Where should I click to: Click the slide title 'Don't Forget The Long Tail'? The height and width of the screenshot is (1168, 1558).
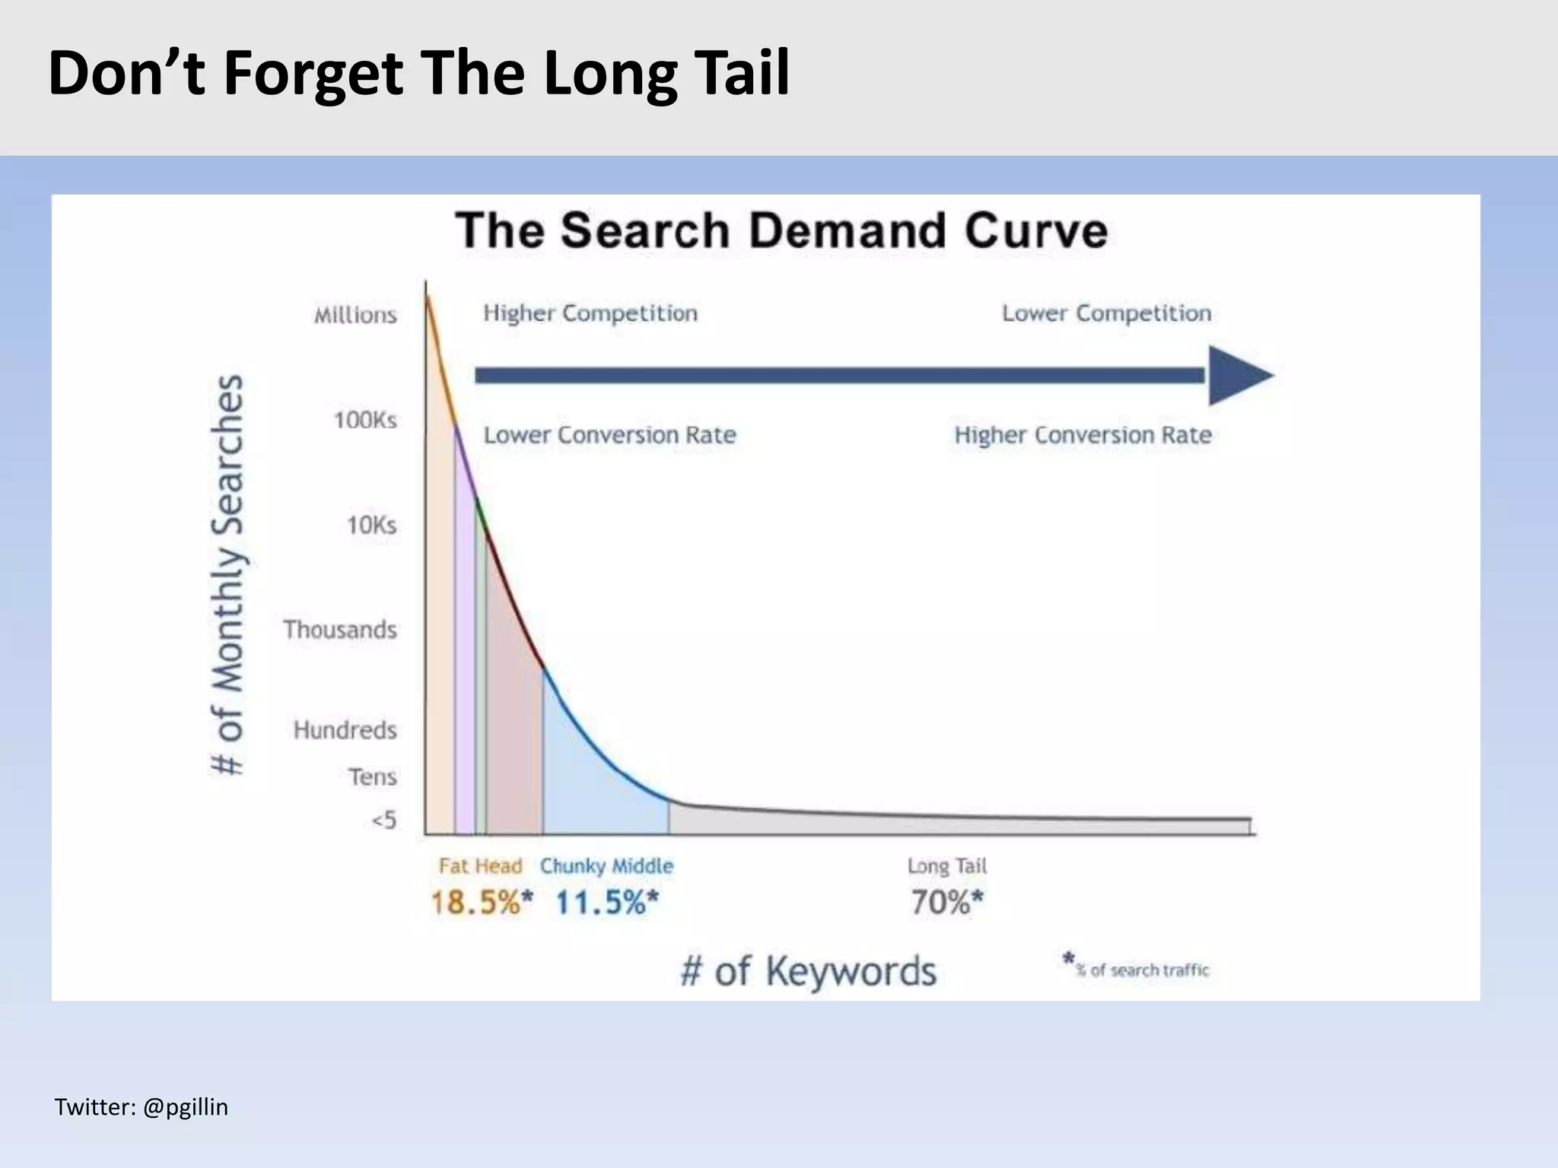click(418, 74)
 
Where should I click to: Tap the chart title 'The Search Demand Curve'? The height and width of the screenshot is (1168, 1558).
click(781, 230)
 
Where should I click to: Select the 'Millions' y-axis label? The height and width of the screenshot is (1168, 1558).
click(355, 315)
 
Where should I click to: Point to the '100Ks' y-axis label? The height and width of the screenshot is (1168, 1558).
click(365, 420)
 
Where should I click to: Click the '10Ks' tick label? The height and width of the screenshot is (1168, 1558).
click(371, 525)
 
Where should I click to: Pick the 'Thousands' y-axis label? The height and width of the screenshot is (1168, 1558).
click(340, 630)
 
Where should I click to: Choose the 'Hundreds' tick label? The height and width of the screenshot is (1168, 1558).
click(345, 730)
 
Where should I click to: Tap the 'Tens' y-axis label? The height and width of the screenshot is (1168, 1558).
click(373, 777)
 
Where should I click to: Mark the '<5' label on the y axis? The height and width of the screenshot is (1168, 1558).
click(384, 820)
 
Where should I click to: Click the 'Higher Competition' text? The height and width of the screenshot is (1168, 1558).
click(590, 313)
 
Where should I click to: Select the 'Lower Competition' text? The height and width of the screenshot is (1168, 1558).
click(1106, 313)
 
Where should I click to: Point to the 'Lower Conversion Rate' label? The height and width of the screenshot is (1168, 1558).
click(610, 435)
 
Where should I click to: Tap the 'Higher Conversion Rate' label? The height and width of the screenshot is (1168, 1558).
click(1083, 435)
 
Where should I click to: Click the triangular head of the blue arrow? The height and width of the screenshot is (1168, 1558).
click(1236, 375)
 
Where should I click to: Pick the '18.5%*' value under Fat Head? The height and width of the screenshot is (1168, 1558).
click(482, 903)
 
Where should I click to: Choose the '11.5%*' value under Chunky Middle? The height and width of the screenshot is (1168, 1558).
click(606, 903)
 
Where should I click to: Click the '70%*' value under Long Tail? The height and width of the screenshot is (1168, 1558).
click(947, 903)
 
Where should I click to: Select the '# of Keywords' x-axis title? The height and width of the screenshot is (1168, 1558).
click(808, 971)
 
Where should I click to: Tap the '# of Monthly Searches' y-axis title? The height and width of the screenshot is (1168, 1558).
click(227, 575)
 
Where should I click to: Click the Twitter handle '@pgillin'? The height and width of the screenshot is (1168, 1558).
click(185, 1107)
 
